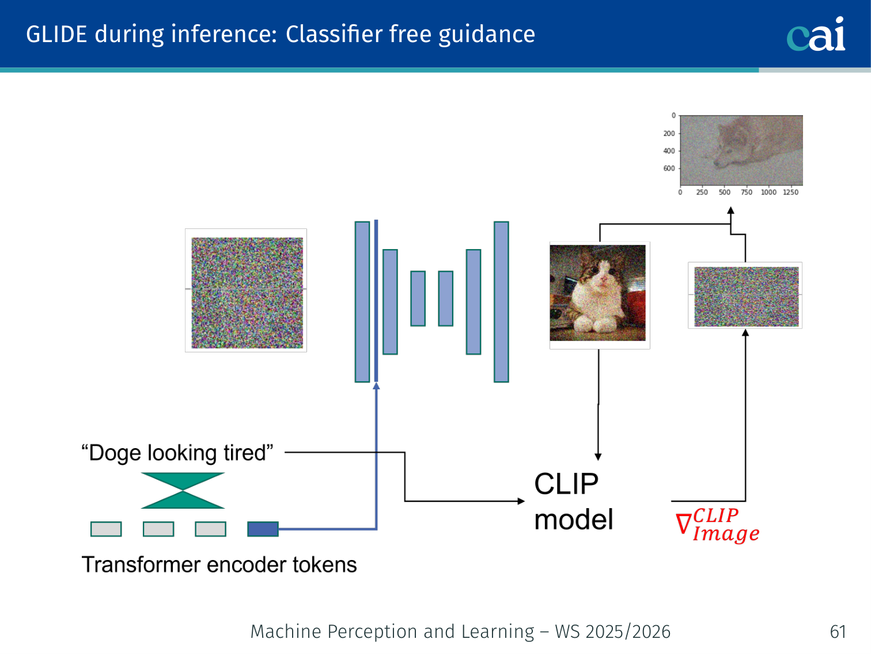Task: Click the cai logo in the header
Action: click(x=816, y=35)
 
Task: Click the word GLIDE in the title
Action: click(x=56, y=35)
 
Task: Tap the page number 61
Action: click(x=838, y=632)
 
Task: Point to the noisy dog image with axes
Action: click(x=741, y=150)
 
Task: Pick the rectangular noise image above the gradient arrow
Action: click(x=746, y=296)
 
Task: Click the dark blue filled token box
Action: click(x=263, y=529)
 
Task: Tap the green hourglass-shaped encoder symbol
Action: click(x=183, y=491)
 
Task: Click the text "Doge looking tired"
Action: click(x=177, y=453)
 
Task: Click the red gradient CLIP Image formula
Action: click(x=718, y=525)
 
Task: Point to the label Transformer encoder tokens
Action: click(x=219, y=565)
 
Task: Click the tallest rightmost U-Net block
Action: click(x=501, y=302)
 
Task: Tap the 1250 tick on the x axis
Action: click(x=790, y=192)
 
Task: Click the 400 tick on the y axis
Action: click(x=669, y=151)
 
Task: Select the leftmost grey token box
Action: click(x=106, y=529)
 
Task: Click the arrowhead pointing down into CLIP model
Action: click(x=598, y=457)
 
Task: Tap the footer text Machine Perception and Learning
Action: click(x=392, y=632)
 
